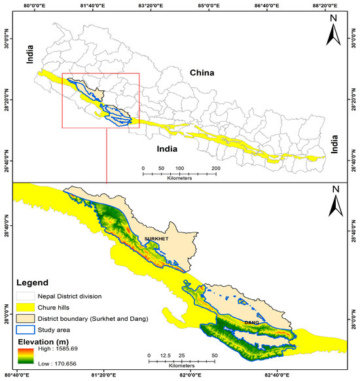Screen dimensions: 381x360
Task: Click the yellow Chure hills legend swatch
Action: (24, 308)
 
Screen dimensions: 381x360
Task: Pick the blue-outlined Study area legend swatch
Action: (24, 330)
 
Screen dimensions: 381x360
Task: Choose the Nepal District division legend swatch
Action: (24, 297)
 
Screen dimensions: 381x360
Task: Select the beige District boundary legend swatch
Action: (24, 319)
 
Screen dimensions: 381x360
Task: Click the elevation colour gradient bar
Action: (24, 357)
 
